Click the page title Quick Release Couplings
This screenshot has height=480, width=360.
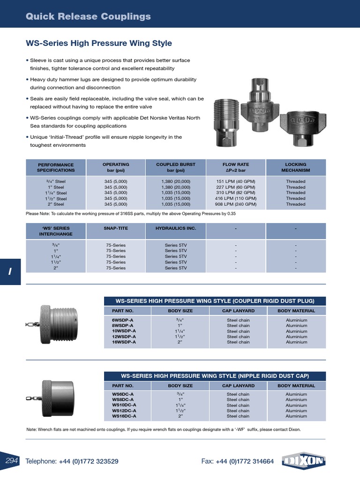point(88,17)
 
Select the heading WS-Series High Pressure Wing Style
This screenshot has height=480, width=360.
point(98,44)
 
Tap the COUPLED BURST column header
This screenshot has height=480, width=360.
point(176,167)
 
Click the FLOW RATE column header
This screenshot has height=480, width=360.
point(236,167)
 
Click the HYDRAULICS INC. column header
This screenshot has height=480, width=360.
point(176,228)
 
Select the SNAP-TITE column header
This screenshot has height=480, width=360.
point(116,228)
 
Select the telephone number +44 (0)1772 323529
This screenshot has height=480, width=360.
point(89,462)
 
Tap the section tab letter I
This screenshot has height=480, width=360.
point(10,272)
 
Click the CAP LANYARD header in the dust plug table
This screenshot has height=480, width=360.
point(238,311)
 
